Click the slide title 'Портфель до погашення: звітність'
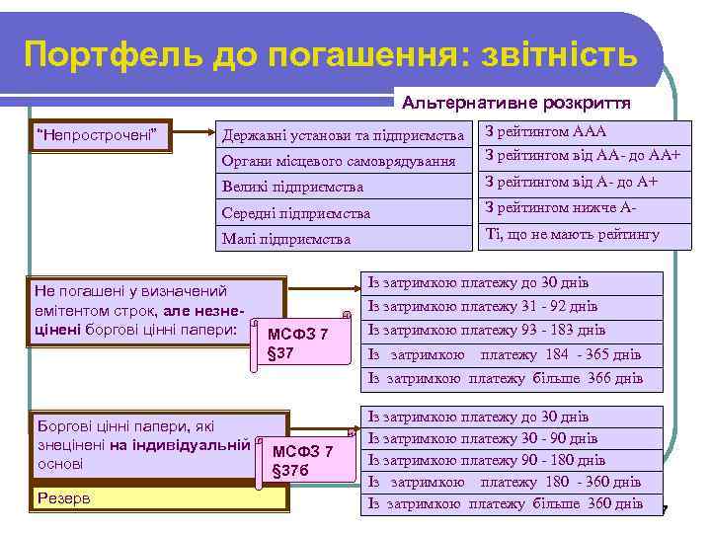pos(331,53)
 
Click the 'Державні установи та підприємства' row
pos(344,134)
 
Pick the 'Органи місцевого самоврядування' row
pos(344,160)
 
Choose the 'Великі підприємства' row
pos(344,186)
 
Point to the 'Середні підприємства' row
pos(344,212)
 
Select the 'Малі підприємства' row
pos(344,238)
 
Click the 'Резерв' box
pos(160,498)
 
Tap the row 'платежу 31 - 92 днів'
pos(504,306)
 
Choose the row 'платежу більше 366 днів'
pos(504,378)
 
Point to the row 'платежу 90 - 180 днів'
pos(504,460)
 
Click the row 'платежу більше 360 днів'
pos(504,503)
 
